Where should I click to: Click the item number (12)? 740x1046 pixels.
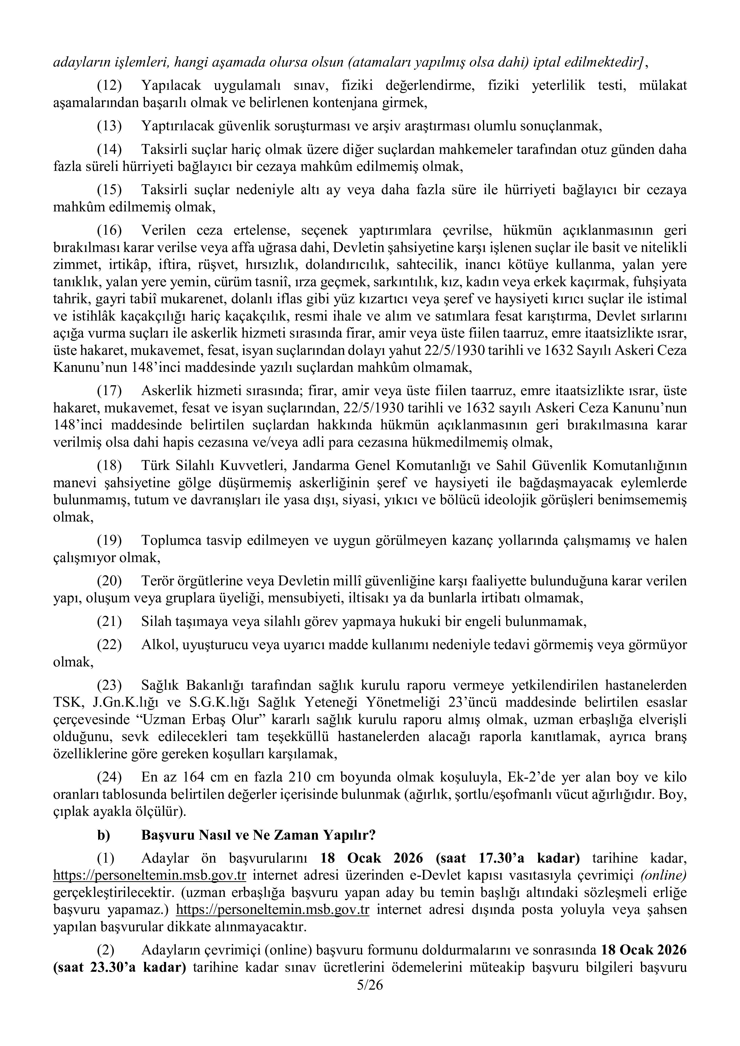tap(109, 85)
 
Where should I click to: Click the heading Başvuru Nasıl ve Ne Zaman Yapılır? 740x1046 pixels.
tap(258, 835)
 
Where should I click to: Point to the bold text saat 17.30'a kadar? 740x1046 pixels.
tap(508, 858)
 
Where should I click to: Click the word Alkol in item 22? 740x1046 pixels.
tap(157, 645)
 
